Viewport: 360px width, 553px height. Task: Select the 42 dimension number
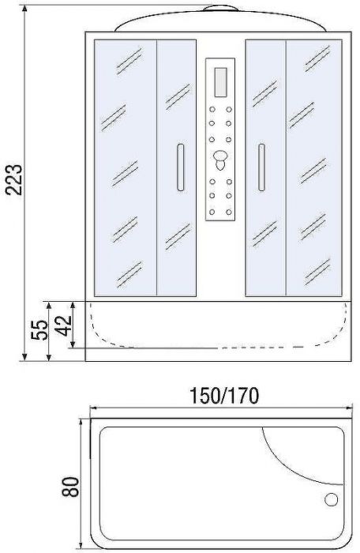[63, 324]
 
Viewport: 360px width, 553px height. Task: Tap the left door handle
[180, 167]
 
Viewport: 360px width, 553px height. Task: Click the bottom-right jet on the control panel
[229, 209]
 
